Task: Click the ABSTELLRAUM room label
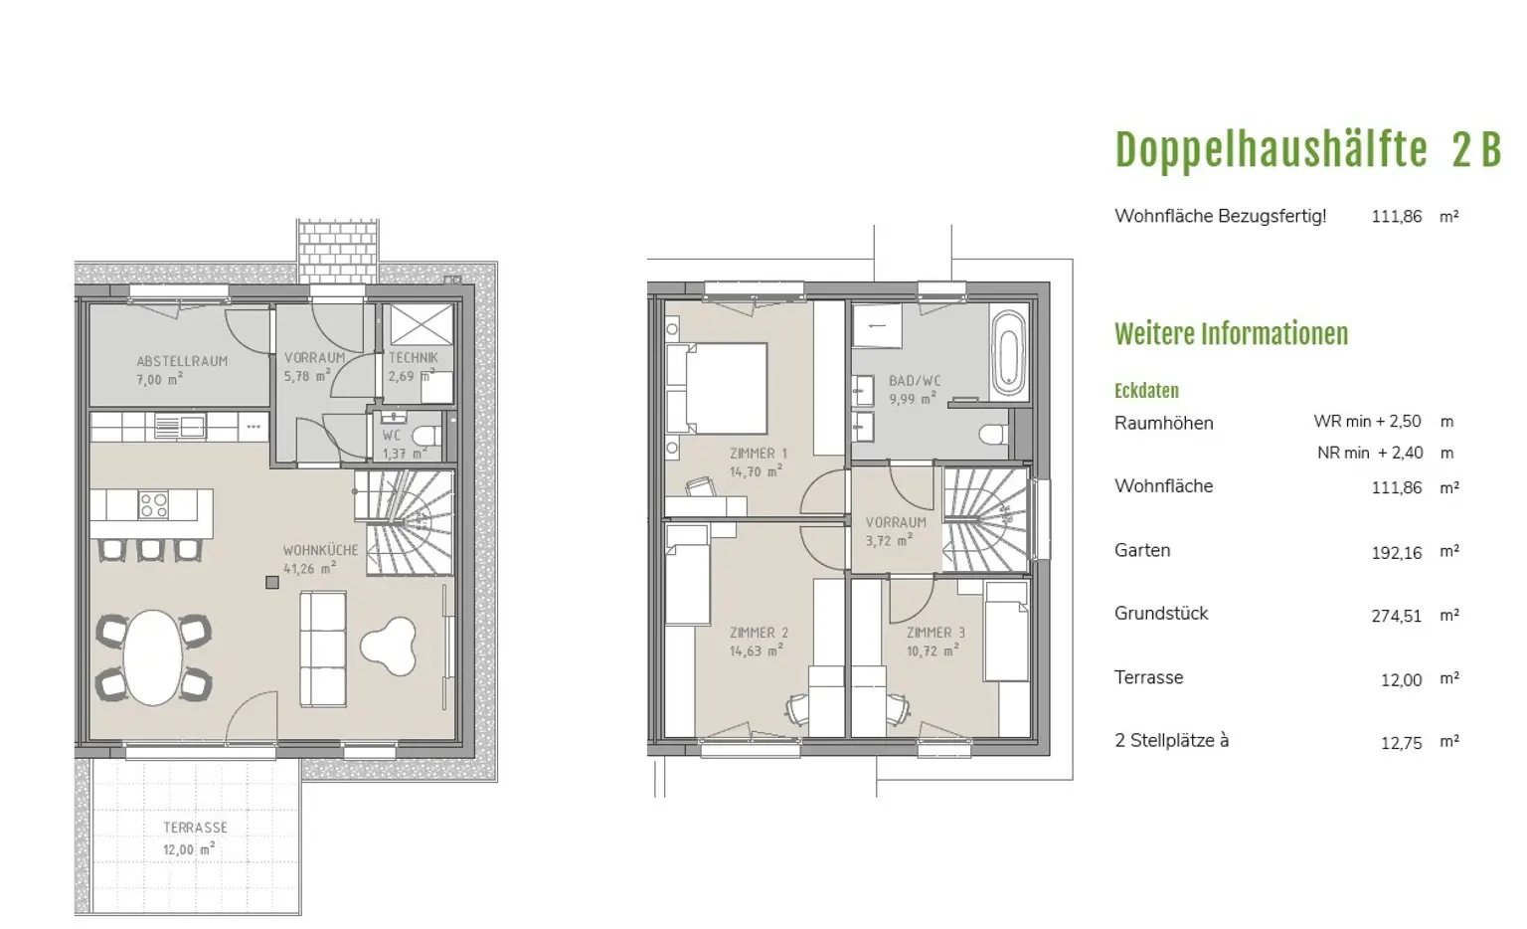tap(182, 361)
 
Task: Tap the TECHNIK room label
tap(414, 357)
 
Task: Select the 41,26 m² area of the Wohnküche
tap(310, 568)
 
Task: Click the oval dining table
tap(153, 657)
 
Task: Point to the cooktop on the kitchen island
tap(153, 505)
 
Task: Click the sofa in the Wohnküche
tap(323, 649)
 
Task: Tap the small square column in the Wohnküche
tap(272, 583)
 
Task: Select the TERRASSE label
tap(195, 828)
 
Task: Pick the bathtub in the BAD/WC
tap(1009, 355)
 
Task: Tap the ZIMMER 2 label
tap(759, 633)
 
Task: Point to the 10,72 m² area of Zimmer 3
tap(933, 650)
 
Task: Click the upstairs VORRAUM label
tap(896, 522)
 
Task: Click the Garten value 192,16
tap(1397, 552)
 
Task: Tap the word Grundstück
tap(1161, 613)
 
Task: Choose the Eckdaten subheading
tap(1146, 391)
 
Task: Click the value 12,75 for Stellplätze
tap(1402, 743)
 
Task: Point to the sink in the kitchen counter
tap(180, 427)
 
